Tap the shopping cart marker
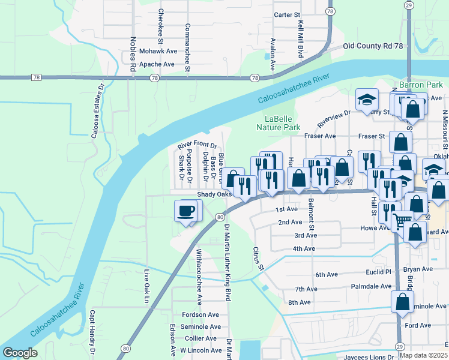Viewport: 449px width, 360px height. click(x=402, y=221)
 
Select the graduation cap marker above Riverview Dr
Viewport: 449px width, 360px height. click(x=366, y=100)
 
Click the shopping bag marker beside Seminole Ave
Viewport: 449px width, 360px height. click(x=402, y=302)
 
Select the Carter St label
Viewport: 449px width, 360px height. click(x=286, y=14)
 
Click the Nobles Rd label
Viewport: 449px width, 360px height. click(x=133, y=55)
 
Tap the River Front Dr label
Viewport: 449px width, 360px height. click(x=196, y=146)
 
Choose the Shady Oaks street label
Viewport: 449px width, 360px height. click(x=214, y=194)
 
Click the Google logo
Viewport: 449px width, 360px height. click(x=20, y=353)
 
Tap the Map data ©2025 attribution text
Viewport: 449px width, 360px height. click(x=423, y=355)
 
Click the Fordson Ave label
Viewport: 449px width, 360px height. click(x=200, y=314)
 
